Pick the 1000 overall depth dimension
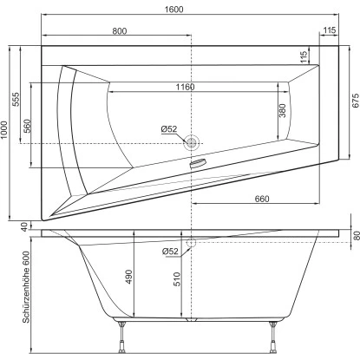(8, 130)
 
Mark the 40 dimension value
(23, 227)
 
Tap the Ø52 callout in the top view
(169, 129)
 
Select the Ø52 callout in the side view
(171, 252)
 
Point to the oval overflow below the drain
(198, 161)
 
